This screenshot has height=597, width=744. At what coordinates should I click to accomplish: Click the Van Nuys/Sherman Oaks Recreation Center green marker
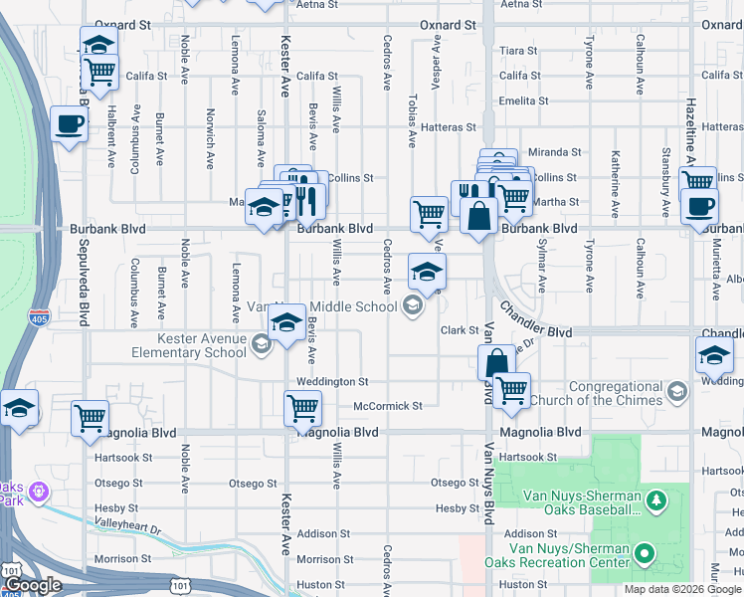coord(644,552)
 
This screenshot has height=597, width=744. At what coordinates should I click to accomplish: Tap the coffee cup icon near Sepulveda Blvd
coord(69,124)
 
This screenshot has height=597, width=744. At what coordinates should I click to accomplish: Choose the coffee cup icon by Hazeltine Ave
coord(699,206)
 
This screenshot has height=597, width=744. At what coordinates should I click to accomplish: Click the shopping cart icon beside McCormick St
coord(301,406)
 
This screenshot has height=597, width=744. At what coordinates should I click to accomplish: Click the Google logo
coord(34,585)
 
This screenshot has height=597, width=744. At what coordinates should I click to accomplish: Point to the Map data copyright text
coord(682,589)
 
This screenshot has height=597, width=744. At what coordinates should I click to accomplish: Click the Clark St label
coord(461,330)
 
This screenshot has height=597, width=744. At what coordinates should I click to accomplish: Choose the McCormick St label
coord(389,406)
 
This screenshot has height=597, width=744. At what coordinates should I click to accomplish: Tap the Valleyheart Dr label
coord(128,530)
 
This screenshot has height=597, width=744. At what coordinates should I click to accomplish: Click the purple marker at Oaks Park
coord(38,491)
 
